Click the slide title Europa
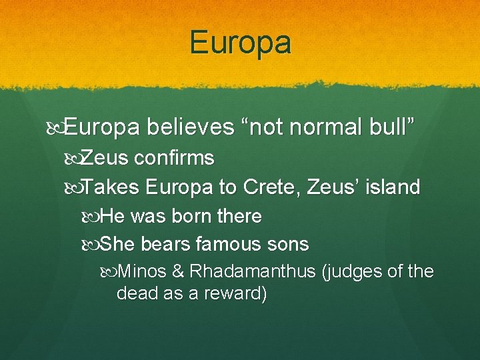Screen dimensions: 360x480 point(241,43)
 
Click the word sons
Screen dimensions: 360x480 point(288,245)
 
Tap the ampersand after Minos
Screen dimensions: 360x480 point(177,272)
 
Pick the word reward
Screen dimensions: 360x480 point(233,294)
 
